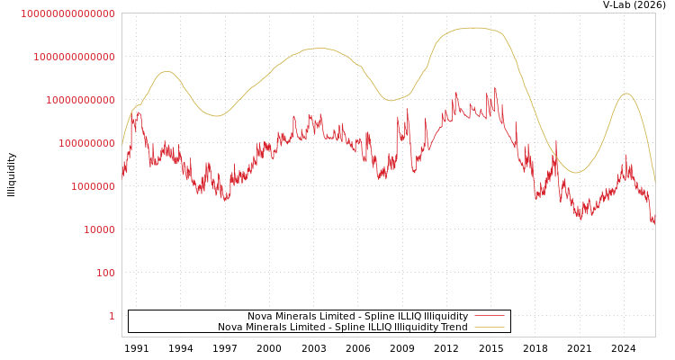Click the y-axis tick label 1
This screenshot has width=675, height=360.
(112, 316)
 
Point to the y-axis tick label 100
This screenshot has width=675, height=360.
(105, 273)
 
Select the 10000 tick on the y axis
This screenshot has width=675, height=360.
(99, 229)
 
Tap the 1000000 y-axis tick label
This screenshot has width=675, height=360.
(93, 186)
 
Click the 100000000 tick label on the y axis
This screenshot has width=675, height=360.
(86, 143)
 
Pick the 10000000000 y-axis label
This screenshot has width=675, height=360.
(80, 100)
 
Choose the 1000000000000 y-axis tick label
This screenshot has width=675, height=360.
(74, 57)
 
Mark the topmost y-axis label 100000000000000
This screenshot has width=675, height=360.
(67, 13)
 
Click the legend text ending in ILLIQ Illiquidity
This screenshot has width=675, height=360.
(357, 316)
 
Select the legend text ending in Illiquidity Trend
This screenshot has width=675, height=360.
(342, 327)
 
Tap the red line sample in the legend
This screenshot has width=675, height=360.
(489, 316)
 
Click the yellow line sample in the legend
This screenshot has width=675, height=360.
(489, 327)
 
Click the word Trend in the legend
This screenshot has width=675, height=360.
(454, 327)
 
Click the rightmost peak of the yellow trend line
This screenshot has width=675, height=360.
(626, 94)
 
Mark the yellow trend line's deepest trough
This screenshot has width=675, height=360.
(577, 172)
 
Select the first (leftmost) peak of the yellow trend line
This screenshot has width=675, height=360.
(166, 71)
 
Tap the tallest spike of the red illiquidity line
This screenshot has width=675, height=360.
(495, 88)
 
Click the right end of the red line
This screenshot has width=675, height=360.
(654, 221)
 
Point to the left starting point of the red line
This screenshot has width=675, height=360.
(122, 171)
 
